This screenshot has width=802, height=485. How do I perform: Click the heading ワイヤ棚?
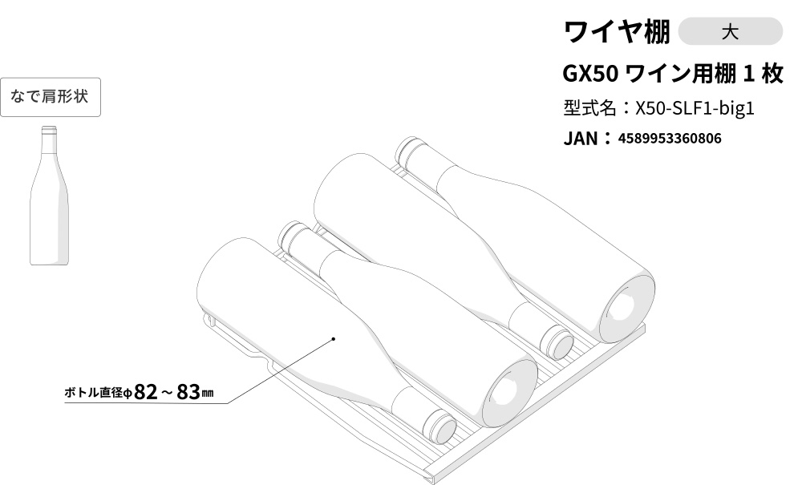(x=616, y=32)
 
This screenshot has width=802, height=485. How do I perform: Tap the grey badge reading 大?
(x=730, y=32)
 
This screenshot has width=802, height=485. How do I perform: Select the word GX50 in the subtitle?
(x=590, y=74)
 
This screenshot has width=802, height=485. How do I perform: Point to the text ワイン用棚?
(x=680, y=74)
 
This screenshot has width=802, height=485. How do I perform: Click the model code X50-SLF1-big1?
(x=695, y=108)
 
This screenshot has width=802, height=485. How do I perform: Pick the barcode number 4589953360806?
(x=670, y=139)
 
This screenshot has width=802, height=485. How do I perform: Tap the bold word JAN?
(x=580, y=139)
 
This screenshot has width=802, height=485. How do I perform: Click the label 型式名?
(x=589, y=108)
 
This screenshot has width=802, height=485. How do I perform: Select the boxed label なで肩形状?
(x=50, y=96)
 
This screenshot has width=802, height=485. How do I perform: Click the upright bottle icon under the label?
(x=49, y=196)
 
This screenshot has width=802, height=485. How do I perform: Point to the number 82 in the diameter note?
(x=146, y=392)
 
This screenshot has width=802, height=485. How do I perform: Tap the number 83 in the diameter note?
(x=188, y=392)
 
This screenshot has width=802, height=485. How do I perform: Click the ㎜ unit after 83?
(x=207, y=393)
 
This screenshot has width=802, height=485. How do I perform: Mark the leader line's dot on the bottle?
(x=334, y=338)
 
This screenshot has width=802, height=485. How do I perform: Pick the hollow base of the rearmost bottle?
(x=626, y=308)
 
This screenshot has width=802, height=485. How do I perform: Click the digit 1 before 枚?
(x=749, y=74)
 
